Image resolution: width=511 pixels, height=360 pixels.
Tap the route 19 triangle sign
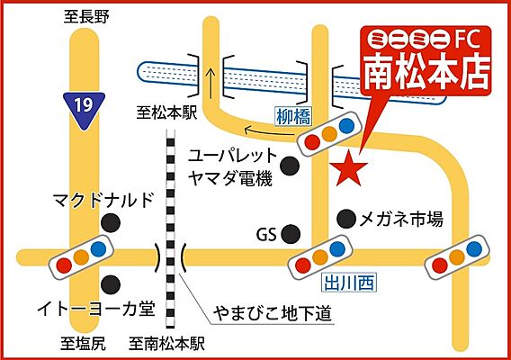[x=82, y=105]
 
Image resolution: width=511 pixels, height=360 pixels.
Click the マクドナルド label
[x=103, y=198]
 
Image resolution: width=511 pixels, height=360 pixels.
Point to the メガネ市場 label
[x=401, y=218]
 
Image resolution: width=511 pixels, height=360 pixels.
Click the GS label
[x=264, y=235]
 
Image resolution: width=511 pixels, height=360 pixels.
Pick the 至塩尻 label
[x=84, y=343]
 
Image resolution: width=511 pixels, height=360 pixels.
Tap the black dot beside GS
[x=290, y=234]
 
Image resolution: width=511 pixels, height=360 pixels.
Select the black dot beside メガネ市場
[x=346, y=218]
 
